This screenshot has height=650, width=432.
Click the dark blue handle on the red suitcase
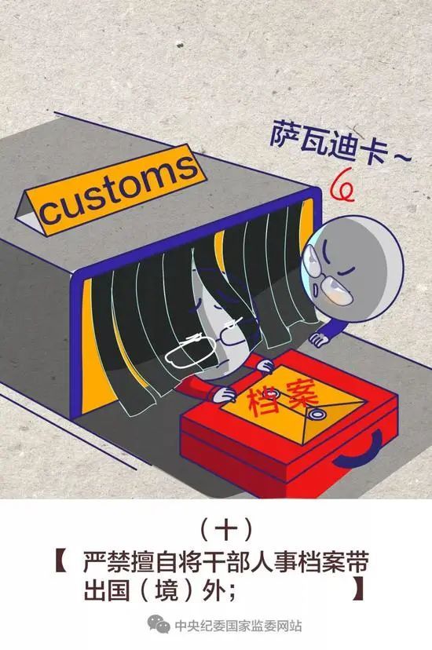tap(361, 449)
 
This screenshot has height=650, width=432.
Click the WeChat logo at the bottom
tap(158, 624)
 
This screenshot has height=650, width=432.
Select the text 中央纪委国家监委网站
tap(238, 626)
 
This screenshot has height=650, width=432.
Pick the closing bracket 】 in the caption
tap(357, 590)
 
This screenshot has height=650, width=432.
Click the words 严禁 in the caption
tap(104, 562)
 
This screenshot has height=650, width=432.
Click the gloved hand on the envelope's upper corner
tap(264, 366)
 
